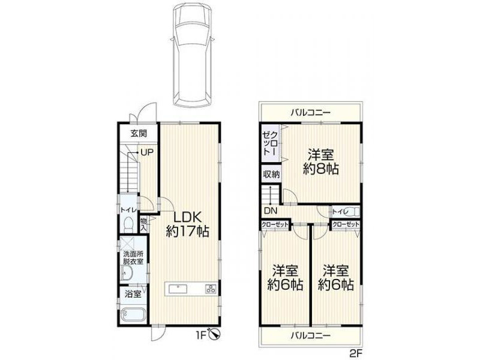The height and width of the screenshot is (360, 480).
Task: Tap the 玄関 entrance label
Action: (x=139, y=133)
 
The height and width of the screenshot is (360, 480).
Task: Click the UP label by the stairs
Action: (x=146, y=152)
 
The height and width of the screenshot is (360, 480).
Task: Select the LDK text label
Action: (x=187, y=217)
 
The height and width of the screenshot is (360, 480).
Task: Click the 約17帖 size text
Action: (x=187, y=232)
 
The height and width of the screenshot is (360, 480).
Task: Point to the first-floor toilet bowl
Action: (x=128, y=224)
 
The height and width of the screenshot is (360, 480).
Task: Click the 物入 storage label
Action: (x=143, y=224)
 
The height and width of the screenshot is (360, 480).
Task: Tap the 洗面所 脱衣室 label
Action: (x=133, y=258)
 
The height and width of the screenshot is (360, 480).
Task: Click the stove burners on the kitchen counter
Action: (x=211, y=289)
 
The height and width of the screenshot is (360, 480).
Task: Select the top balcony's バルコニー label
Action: (x=310, y=113)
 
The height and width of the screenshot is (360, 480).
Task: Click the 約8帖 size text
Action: (x=321, y=169)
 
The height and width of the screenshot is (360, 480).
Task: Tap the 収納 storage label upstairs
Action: (x=272, y=174)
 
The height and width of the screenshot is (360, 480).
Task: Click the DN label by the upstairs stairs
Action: (x=271, y=211)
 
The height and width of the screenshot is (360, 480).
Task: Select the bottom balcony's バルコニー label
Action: (x=310, y=335)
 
